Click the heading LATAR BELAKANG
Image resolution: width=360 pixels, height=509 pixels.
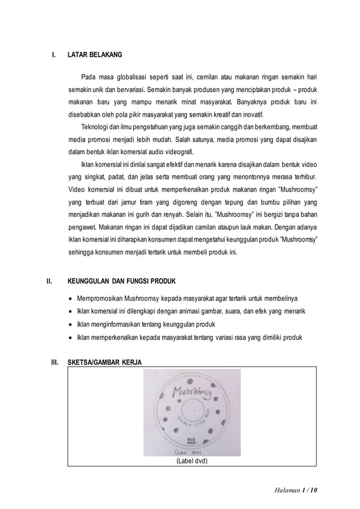click(x=94, y=56)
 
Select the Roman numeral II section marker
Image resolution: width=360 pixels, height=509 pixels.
click(x=49, y=281)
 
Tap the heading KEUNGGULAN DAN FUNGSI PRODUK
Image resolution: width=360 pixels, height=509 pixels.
click(x=122, y=281)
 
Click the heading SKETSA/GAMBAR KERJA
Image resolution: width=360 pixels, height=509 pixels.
click(x=105, y=362)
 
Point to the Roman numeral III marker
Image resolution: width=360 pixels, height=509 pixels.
click(x=55, y=362)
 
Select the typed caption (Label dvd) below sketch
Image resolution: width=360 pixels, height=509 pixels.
click(x=192, y=461)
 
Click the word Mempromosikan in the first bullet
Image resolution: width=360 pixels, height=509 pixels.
click(x=103, y=298)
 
